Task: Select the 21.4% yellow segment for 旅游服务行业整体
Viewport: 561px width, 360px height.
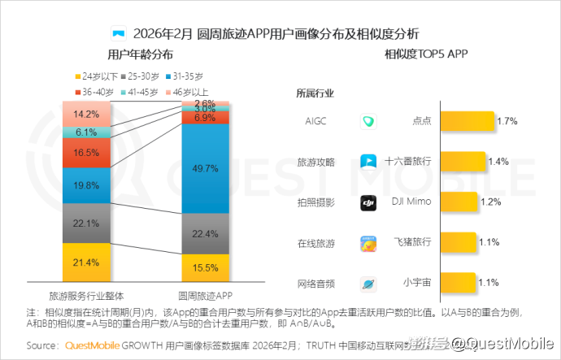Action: click(x=86, y=262)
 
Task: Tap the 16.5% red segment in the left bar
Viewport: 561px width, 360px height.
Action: click(x=86, y=152)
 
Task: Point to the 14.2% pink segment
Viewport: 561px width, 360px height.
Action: click(x=86, y=114)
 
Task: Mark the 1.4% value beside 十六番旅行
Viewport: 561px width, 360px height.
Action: click(x=498, y=161)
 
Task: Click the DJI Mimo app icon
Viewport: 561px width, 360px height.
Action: click(x=367, y=202)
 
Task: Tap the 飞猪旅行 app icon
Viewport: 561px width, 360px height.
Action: click(x=367, y=242)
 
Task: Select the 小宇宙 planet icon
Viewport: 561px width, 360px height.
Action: click(x=367, y=284)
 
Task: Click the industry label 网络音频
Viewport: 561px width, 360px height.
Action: click(x=316, y=284)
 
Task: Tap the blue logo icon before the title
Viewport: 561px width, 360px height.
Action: click(x=119, y=33)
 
